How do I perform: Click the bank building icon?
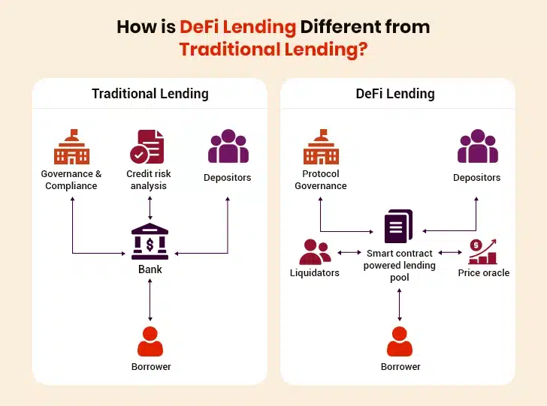[150, 242]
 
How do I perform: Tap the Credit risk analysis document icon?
[148, 147]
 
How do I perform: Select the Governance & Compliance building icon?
[71, 147]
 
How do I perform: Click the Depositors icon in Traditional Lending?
[228, 147]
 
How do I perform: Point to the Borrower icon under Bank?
[150, 341]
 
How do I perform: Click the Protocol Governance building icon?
[321, 147]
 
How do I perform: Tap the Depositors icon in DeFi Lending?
[477, 147]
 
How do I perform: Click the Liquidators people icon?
[315, 252]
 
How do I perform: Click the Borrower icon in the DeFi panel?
[399, 341]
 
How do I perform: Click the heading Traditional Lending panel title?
[150, 94]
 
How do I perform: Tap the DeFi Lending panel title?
[395, 94]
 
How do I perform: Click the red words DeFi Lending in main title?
[237, 28]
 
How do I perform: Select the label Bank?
[150, 269]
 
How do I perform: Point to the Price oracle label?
[483, 272]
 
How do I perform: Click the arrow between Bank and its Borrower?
[150, 300]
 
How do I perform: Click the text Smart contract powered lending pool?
[399, 265]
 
